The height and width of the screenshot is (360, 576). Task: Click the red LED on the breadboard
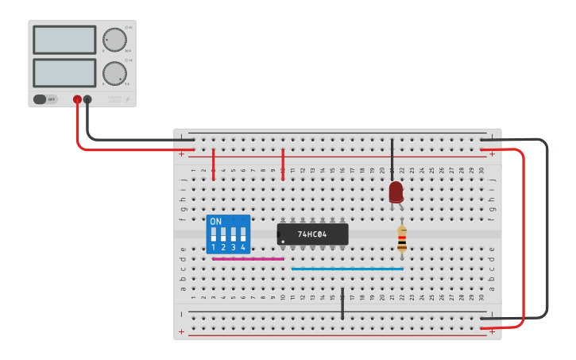coord(396,192)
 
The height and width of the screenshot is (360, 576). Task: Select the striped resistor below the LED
coord(402,238)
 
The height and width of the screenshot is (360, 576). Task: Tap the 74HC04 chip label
coord(313,234)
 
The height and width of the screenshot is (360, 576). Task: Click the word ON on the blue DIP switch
coord(216,221)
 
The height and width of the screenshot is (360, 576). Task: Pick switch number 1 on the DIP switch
coord(214,235)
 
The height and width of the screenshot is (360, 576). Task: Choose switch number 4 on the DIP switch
coord(243,235)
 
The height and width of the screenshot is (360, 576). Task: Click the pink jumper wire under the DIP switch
coord(248,259)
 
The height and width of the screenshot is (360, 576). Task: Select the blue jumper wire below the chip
coord(347,269)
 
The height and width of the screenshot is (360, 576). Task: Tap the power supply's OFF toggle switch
coord(45,99)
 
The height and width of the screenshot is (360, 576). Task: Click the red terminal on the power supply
coord(77,99)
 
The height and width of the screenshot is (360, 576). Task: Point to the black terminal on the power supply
coord(87,99)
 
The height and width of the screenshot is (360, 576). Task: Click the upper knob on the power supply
coord(114,40)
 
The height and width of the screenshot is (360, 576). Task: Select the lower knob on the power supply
coord(114,74)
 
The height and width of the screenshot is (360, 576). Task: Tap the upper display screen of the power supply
coord(64,40)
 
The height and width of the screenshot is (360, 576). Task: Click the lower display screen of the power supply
coord(64,73)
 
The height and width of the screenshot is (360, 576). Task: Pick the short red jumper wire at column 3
coord(214,164)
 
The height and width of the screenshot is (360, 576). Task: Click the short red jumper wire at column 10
coord(283,164)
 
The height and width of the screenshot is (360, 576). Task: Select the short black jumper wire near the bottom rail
coord(342,304)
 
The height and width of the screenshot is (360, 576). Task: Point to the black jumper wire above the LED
coord(392,156)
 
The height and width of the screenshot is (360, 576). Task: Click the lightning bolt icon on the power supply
coord(128,100)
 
